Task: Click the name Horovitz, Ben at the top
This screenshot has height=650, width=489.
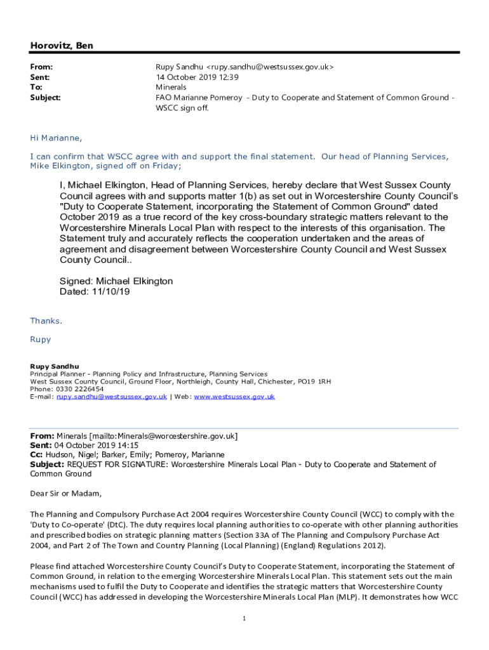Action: tap(62, 46)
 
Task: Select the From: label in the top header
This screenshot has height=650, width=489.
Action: tap(41, 67)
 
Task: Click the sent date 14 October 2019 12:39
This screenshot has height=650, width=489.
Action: tap(197, 77)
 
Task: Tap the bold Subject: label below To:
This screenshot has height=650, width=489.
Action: tap(46, 98)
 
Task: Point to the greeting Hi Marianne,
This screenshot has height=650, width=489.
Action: tap(56, 138)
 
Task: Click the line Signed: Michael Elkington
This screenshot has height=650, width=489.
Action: tap(116, 281)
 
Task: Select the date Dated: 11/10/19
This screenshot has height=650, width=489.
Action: tap(96, 292)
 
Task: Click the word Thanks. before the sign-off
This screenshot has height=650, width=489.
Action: tap(46, 321)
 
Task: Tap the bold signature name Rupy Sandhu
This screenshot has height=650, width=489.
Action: tap(55, 366)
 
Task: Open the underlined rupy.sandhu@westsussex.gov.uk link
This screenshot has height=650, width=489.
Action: tap(112, 397)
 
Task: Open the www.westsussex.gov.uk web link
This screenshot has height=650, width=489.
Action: tap(234, 397)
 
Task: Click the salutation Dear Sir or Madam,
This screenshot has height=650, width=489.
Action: tap(65, 493)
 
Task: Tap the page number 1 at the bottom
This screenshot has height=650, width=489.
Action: tap(244, 619)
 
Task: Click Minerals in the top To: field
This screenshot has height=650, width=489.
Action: tap(171, 87)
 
